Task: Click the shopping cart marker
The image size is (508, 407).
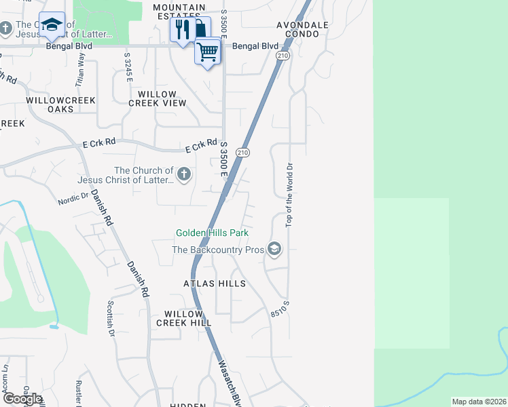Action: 208,51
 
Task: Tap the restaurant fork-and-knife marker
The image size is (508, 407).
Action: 181,29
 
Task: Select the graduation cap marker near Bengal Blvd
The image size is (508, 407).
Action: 51,25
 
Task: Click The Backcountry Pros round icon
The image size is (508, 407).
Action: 274,250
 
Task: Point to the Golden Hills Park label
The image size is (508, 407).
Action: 212,233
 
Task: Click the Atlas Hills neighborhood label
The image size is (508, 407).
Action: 214,284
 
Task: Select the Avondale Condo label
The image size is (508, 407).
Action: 302,28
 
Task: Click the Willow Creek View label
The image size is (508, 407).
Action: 157,98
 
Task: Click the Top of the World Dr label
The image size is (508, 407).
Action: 289,194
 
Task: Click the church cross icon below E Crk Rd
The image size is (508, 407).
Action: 183,175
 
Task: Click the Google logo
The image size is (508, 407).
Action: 22,399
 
